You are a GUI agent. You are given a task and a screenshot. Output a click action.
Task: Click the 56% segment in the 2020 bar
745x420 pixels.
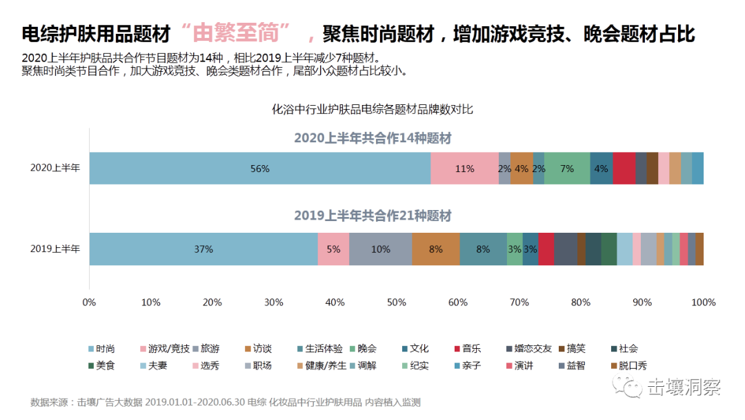260,169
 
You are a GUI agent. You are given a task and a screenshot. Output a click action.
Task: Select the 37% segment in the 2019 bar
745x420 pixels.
203,249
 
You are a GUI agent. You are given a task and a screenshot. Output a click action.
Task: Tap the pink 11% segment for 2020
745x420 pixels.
464,169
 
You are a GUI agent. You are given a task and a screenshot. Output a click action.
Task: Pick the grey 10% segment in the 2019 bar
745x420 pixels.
380,249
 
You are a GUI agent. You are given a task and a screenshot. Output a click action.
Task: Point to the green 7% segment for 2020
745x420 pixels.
567,169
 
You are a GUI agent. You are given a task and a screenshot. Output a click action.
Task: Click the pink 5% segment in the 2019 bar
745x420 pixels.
333,249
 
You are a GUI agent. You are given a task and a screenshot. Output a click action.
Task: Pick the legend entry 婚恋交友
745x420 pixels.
534,349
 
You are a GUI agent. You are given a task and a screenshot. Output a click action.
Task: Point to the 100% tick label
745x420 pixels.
704,302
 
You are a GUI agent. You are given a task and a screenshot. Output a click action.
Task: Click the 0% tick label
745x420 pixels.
89,302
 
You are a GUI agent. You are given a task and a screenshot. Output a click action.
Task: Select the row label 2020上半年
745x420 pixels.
55,169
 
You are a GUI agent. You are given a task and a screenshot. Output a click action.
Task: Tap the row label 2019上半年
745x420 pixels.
55,249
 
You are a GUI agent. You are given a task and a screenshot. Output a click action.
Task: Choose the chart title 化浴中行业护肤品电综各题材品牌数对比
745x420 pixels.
372,109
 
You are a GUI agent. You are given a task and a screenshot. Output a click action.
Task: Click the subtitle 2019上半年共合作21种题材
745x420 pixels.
372,216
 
